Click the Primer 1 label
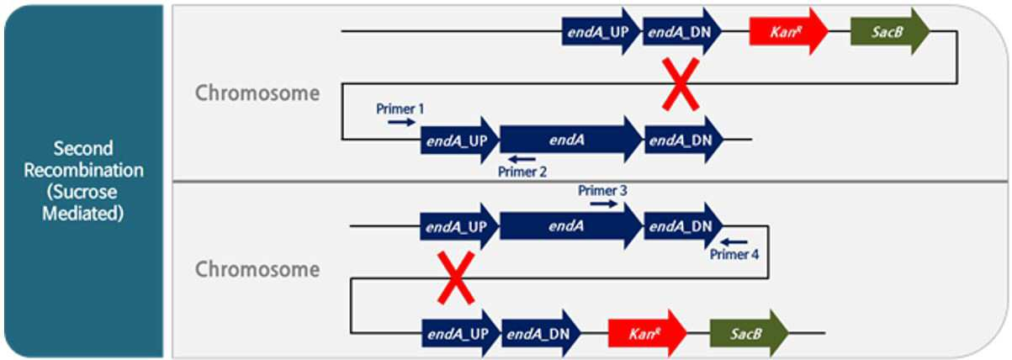tap(400, 109)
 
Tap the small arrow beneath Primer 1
tap(401, 122)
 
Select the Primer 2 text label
tap(522, 172)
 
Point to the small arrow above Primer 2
tap(522, 159)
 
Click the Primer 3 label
tap(602, 191)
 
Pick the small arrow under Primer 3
tap(604, 204)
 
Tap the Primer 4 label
tap(734, 254)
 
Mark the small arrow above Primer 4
tap(734, 242)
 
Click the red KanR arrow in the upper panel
tap(789, 32)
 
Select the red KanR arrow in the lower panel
tap(648, 333)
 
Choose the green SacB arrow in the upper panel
tap(891, 32)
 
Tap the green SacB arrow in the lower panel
tap(750, 333)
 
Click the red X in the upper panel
tap(681, 84)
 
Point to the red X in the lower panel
tap(456, 278)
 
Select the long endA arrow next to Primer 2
tap(571, 140)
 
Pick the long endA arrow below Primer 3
tap(571, 226)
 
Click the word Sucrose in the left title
tap(82, 193)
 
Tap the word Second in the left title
tap(83, 149)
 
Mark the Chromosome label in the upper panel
tap(257, 93)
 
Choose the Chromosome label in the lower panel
tap(257, 270)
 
